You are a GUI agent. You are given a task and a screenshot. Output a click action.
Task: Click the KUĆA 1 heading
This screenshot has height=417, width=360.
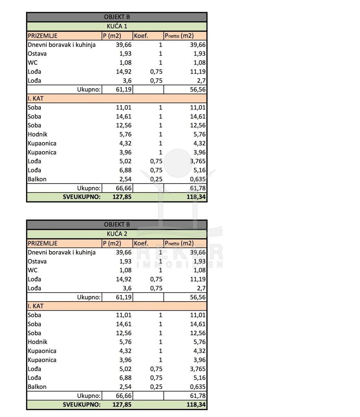coord(117,26)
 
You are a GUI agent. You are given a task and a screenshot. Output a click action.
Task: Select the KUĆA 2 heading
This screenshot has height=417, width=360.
coord(117,234)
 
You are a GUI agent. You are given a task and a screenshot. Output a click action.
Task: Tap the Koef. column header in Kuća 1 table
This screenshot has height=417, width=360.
coord(141,35)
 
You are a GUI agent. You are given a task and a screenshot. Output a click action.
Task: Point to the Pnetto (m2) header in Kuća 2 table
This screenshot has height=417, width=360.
coord(179,243)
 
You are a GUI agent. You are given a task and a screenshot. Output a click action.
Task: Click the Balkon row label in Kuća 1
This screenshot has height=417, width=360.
coord(37,179)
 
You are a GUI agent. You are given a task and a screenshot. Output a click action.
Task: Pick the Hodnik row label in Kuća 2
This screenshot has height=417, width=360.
coord(37,342)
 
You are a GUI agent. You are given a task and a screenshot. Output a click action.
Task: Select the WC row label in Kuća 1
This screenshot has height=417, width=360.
coord(33,63)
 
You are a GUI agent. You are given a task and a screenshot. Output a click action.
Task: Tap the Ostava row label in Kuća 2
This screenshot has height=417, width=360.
coord(37,261)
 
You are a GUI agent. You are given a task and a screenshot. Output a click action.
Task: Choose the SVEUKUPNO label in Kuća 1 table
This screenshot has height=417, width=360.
coord(82,197)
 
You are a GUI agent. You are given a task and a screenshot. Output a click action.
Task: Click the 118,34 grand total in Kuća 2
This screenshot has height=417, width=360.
coord(196,404)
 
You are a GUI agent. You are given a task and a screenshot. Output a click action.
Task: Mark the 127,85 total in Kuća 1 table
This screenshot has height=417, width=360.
coord(122,197)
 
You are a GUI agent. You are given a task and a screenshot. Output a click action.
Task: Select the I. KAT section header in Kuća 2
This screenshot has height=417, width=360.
coord(36,306)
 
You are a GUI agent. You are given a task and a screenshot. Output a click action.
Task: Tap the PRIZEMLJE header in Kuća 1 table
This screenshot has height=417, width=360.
coord(43,35)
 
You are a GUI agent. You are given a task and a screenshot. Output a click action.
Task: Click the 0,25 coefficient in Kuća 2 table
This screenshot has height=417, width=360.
coord(156,387)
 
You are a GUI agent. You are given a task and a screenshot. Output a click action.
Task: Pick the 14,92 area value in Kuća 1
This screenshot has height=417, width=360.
coord(124,72)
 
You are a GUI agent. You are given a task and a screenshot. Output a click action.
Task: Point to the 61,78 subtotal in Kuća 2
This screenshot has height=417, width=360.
coord(198,395)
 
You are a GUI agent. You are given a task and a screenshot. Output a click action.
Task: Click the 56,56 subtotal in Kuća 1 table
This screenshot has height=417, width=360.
coord(198,89)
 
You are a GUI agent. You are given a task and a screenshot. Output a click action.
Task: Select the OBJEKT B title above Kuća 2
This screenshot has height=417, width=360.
coord(117,224)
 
